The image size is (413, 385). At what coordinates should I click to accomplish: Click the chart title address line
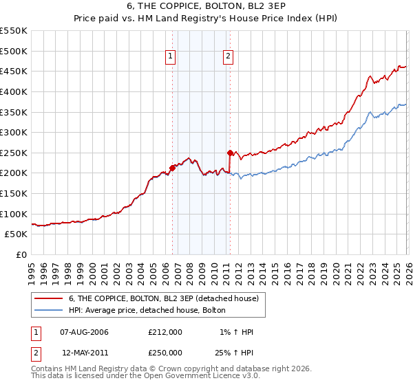pos(206,6)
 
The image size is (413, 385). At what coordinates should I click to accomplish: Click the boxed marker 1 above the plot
pos(170,57)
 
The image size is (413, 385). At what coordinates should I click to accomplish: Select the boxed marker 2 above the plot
pos(228,57)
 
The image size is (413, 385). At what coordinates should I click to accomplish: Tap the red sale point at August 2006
pos(172,168)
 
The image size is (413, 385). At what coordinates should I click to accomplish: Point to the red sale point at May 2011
pos(230,153)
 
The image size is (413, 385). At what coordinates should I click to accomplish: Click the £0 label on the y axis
pos(21,255)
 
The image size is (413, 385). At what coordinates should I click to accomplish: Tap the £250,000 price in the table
pos(165,352)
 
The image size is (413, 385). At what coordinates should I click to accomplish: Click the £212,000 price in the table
pos(165,332)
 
